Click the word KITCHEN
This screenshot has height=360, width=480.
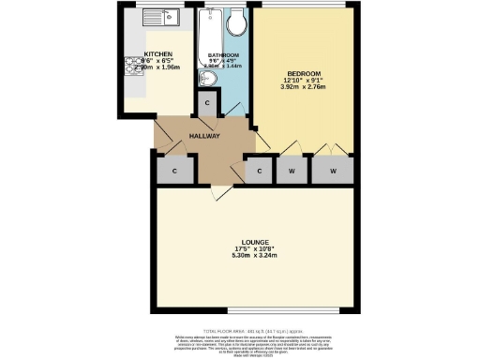(157, 54)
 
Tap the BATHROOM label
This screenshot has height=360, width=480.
(224, 54)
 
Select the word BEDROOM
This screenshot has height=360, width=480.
(305, 73)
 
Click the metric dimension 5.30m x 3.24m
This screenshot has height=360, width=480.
(254, 256)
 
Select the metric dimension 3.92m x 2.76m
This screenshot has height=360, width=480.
(305, 90)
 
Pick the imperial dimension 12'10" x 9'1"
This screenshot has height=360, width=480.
(305, 82)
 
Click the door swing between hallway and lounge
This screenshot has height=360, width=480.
(217, 191)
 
